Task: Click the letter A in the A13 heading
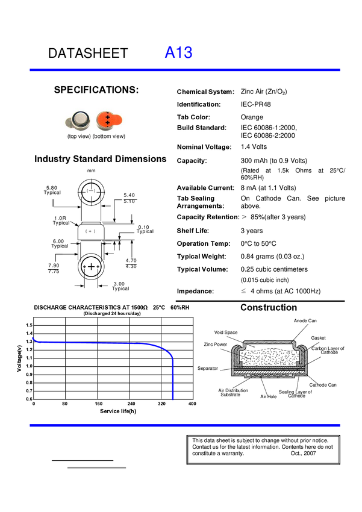click(170, 53)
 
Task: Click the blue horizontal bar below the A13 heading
click(186, 70)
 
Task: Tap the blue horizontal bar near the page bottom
click(186, 425)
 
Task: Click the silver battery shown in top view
click(80, 120)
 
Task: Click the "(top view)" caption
click(79, 137)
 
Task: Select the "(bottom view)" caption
click(109, 137)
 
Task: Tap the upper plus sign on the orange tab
click(107, 117)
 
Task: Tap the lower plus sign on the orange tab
click(107, 123)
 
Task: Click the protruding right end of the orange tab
click(117, 119)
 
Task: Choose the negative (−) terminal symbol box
click(91, 193)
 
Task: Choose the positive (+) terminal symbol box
click(91, 232)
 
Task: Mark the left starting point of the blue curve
click(33, 339)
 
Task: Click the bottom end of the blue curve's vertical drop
click(173, 399)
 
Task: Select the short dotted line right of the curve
click(269, 375)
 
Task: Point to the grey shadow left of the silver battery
click(68, 123)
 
